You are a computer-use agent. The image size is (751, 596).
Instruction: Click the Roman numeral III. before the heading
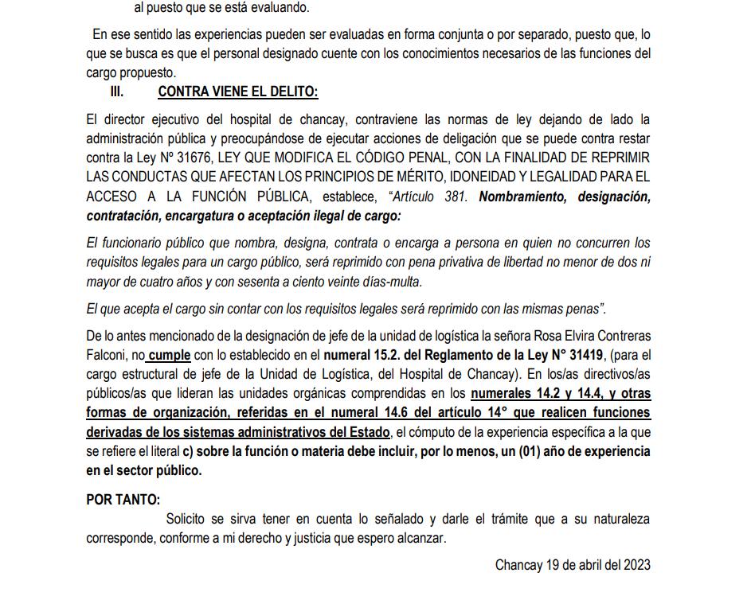(116, 92)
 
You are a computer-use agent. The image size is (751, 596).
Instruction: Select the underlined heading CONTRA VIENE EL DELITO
(237, 92)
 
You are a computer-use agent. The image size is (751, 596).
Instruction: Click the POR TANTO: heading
(122, 500)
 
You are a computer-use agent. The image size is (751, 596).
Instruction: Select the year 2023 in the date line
(635, 565)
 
